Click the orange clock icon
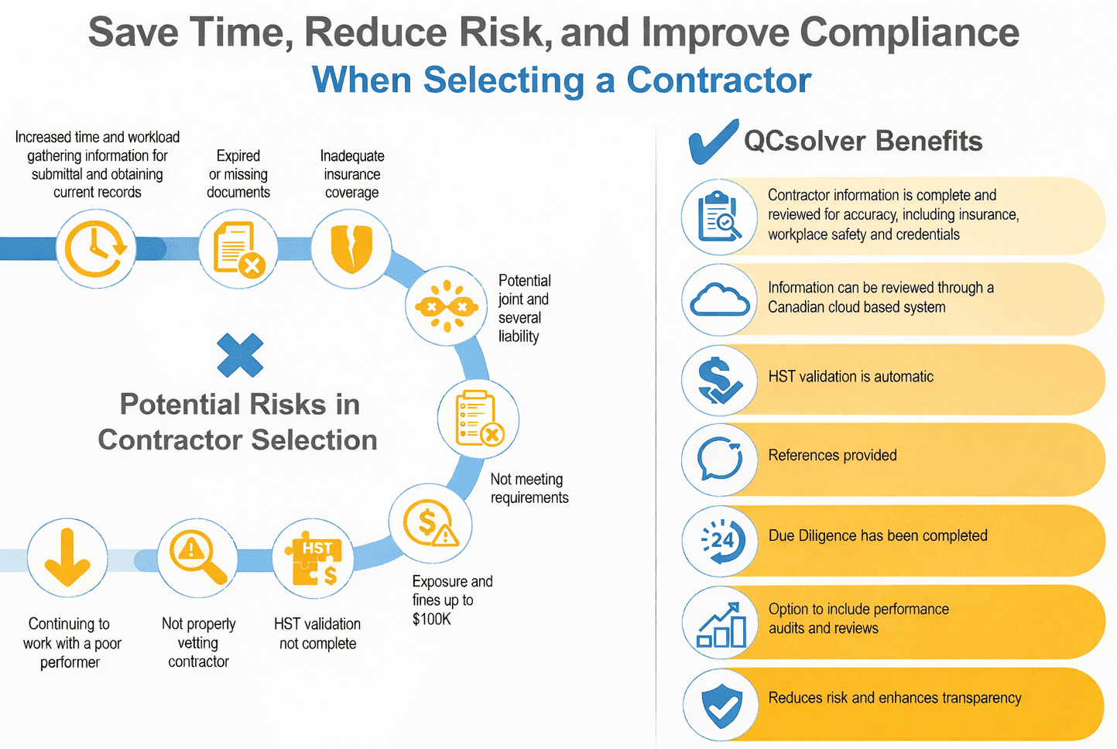94,248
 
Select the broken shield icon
351,248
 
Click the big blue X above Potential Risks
240,355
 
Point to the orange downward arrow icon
67,557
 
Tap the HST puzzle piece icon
314,562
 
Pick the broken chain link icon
447,306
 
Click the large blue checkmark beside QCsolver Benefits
713,142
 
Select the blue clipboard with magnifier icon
719,217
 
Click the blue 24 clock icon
722,541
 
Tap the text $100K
432,620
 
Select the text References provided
832,455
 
